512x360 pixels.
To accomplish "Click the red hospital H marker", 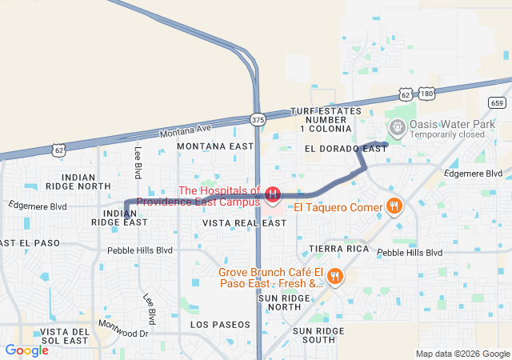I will [x=273, y=194].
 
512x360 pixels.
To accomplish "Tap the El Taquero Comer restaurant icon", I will [x=394, y=207].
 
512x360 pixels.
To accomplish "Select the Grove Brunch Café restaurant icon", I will [x=334, y=277].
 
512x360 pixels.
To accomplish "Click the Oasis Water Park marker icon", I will [x=397, y=127].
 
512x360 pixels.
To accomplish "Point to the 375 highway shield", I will [x=257, y=119].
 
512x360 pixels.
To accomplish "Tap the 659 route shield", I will [x=497, y=102].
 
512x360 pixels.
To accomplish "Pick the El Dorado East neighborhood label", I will [x=346, y=149].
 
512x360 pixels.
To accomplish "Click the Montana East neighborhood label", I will [x=214, y=146].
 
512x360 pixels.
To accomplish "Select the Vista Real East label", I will [x=244, y=222].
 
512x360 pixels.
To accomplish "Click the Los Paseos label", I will [x=220, y=325].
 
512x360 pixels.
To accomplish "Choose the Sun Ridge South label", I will [x=325, y=335].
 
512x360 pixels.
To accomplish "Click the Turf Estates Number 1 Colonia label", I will [x=325, y=118].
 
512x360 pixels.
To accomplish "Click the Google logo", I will [x=27, y=350].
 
